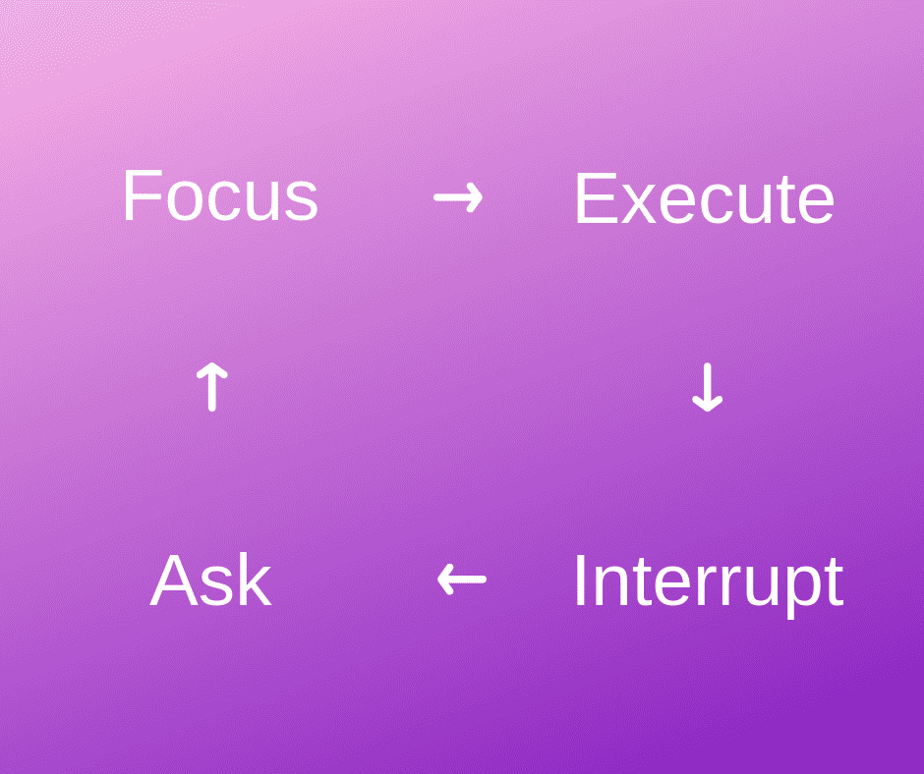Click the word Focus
pyautogui.click(x=220, y=194)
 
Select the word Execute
pyautogui.click(x=704, y=198)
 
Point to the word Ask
pyautogui.click(x=211, y=580)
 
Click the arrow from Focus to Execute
pyautogui.click(x=458, y=197)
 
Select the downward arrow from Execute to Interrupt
pyautogui.click(x=707, y=387)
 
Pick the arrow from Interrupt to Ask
pyautogui.click(x=462, y=580)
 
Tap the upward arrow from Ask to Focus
pyautogui.click(x=211, y=386)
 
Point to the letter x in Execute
pyautogui.click(x=639, y=205)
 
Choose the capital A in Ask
pyautogui.click(x=175, y=580)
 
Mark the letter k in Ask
pyautogui.click(x=255, y=580)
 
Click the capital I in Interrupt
pyautogui.click(x=580, y=580)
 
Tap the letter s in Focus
pyautogui.click(x=301, y=202)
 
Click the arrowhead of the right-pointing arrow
pyautogui.click(x=474, y=197)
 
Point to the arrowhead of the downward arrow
pyautogui.click(x=707, y=403)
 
